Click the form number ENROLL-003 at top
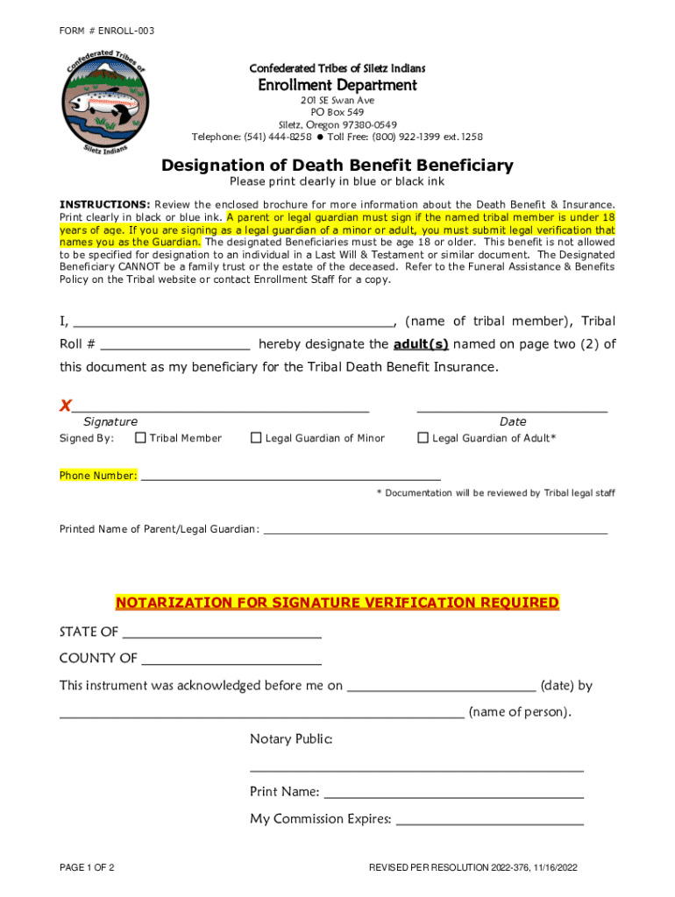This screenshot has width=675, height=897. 107,32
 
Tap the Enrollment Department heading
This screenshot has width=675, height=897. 337,85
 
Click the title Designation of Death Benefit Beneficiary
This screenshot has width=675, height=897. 337,166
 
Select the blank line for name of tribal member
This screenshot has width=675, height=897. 233,322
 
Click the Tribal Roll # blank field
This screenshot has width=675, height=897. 175,345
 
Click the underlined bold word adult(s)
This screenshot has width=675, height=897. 421,344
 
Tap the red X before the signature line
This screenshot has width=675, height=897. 65,406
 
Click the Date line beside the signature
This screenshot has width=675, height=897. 512,407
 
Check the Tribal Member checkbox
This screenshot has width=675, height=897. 140,438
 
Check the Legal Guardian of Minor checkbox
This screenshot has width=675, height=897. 256,438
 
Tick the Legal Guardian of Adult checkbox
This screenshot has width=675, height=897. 423,438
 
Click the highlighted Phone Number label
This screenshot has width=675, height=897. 98,476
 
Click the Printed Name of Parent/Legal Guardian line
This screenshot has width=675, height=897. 435,530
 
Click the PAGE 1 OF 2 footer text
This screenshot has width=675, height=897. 87,868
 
